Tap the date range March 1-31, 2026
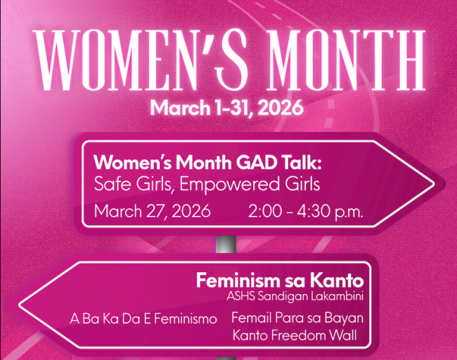point(226,108)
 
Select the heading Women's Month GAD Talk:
point(207,163)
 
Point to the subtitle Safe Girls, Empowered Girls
point(207,185)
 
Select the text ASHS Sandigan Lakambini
point(295,295)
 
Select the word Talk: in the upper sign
point(303,163)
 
